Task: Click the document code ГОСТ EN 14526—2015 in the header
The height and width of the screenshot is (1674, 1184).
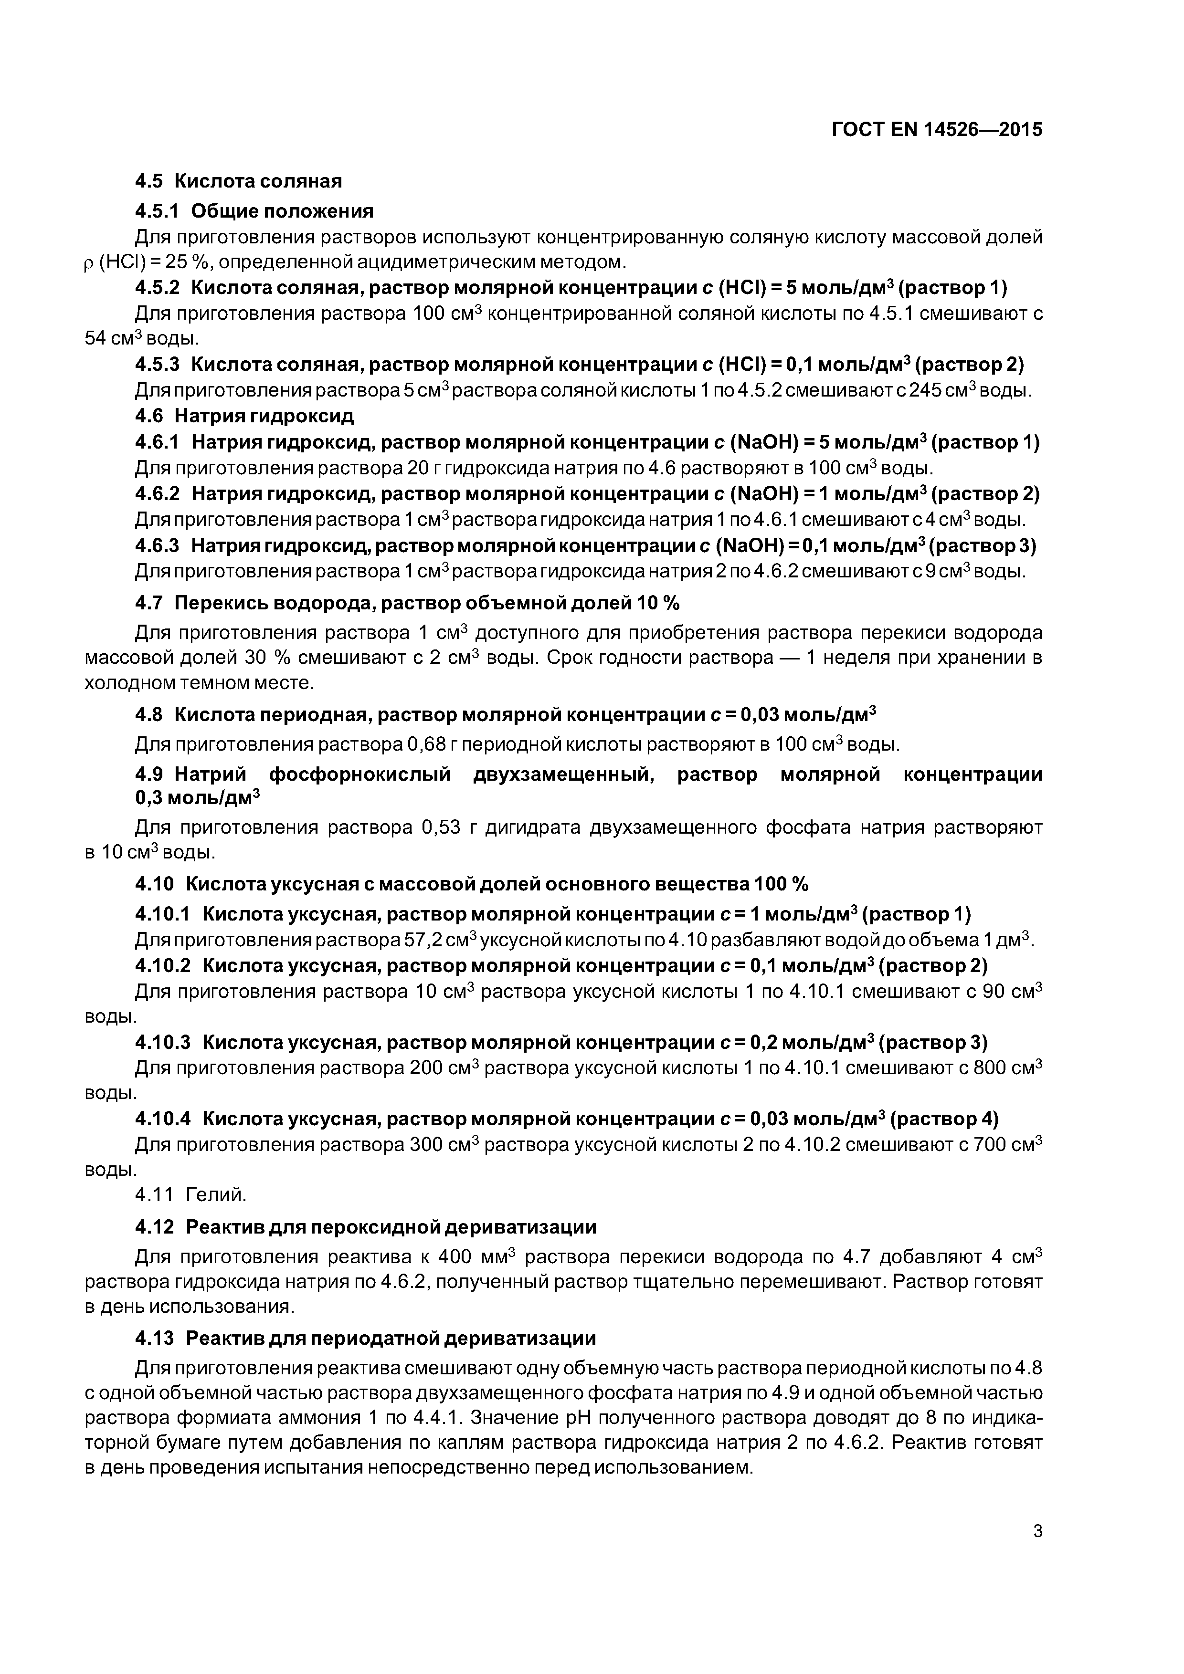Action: pos(937,130)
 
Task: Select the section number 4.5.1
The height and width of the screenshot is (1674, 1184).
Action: pos(157,211)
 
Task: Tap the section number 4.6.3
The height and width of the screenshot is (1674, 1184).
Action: pos(157,545)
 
